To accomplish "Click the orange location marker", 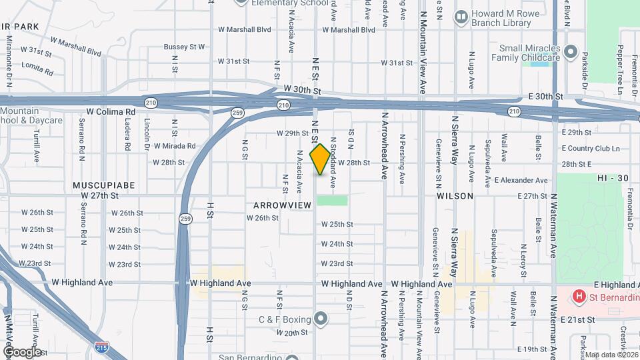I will point(320,159).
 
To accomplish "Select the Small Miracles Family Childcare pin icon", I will point(570,51).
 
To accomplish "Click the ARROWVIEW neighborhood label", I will point(282,205).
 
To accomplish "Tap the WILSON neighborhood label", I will point(455,197).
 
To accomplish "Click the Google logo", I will point(22,351).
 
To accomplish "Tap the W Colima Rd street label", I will point(111,111).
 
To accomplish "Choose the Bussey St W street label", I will point(184,47).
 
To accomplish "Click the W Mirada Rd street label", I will point(175,146).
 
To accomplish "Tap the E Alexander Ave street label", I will point(531,181).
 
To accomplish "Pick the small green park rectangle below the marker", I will point(332,200).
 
